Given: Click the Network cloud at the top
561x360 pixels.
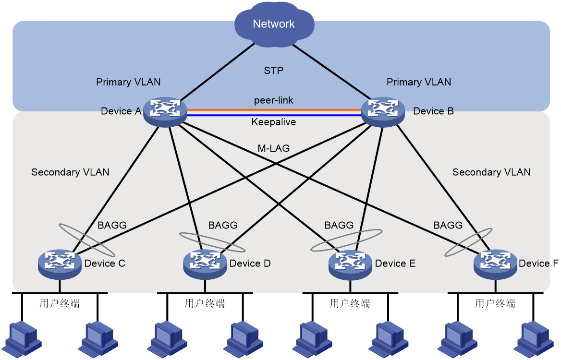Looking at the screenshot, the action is point(274,24).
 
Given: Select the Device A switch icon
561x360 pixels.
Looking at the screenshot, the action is point(165,112).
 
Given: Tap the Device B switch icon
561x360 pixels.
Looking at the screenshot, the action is point(383,112).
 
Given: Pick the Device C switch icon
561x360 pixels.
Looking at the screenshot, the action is point(60,264).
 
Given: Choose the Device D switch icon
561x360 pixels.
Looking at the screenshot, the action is point(205,264).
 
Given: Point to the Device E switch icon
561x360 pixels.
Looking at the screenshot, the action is point(350,264).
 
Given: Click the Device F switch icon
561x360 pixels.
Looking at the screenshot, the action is point(496,264).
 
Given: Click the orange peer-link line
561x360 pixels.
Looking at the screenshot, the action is point(274,110).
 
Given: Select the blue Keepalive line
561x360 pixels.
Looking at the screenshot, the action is point(274,115).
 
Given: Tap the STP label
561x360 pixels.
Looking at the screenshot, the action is point(274,71).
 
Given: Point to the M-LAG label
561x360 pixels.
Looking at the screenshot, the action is point(274,148).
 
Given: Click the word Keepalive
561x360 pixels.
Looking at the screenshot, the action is point(274,122).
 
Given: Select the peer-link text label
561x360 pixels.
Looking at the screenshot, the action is point(274,100).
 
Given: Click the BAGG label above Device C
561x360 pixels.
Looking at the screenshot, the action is point(112,225).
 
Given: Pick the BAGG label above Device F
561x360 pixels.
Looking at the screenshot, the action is point(448,225).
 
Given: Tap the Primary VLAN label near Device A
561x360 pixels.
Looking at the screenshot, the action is point(128,82).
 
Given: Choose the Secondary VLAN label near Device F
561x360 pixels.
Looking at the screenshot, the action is point(491,172).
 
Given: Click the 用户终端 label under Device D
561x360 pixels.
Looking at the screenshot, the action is point(205,303).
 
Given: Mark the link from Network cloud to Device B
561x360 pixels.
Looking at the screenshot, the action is point(332,72).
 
